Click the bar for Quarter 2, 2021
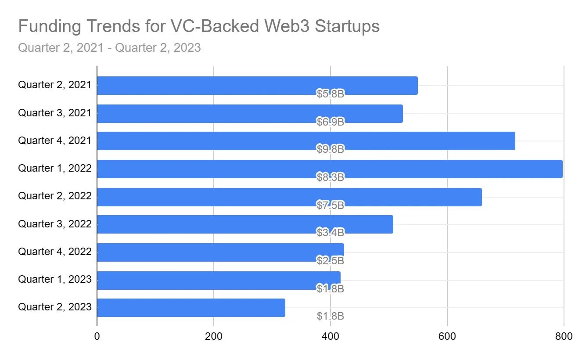(257, 85)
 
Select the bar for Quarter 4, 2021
(305, 140)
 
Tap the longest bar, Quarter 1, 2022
(329, 169)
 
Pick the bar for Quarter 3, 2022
(244, 224)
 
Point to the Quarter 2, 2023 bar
(191, 307)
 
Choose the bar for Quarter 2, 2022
(289, 197)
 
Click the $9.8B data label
(330, 149)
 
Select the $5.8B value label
(330, 94)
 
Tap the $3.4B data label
(330, 232)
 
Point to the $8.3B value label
(330, 177)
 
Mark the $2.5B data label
(330, 260)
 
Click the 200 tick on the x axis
(214, 337)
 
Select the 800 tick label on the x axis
(564, 337)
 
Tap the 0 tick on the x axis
(97, 337)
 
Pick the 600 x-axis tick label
(447, 337)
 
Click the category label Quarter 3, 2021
(54, 113)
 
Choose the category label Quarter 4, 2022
(54, 252)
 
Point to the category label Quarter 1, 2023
(54, 279)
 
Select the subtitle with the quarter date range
(109, 47)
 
